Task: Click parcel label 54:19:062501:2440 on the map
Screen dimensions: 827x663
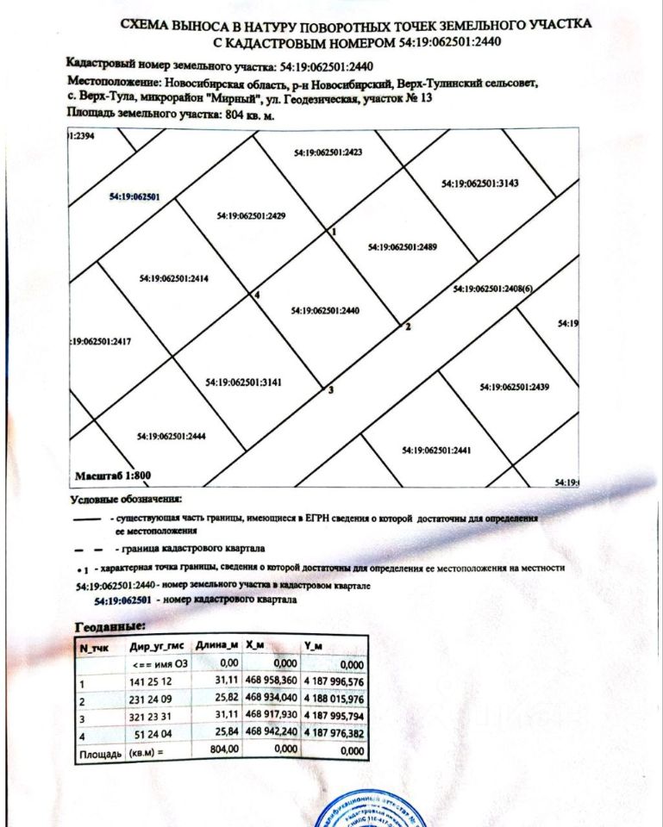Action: pyautogui.click(x=325, y=310)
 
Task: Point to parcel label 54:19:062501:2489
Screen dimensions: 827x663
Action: pyautogui.click(x=403, y=247)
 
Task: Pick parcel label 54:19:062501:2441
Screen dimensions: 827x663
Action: pyautogui.click(x=436, y=451)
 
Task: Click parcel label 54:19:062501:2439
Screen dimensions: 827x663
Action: pyautogui.click(x=515, y=387)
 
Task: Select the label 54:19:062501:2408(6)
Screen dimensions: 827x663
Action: pyautogui.click(x=493, y=289)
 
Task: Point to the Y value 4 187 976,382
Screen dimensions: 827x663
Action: pyautogui.click(x=335, y=735)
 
